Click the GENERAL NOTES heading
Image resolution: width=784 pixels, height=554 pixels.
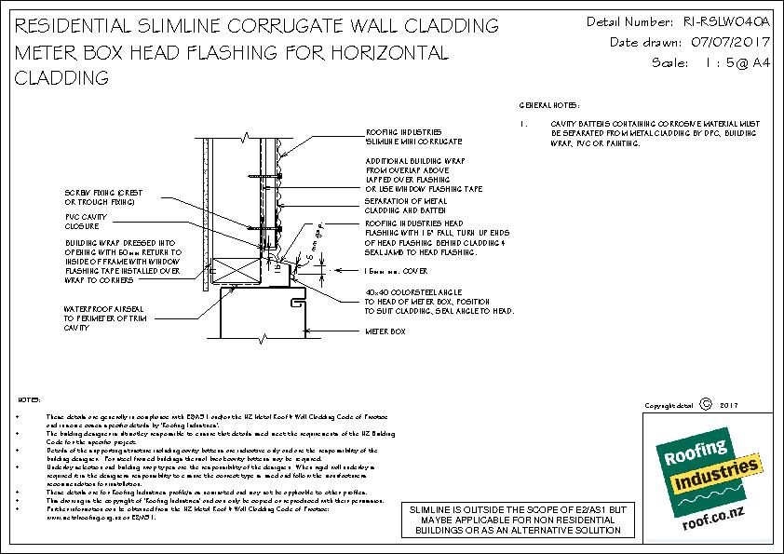548,105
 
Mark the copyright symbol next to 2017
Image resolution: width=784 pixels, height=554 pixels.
704,405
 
